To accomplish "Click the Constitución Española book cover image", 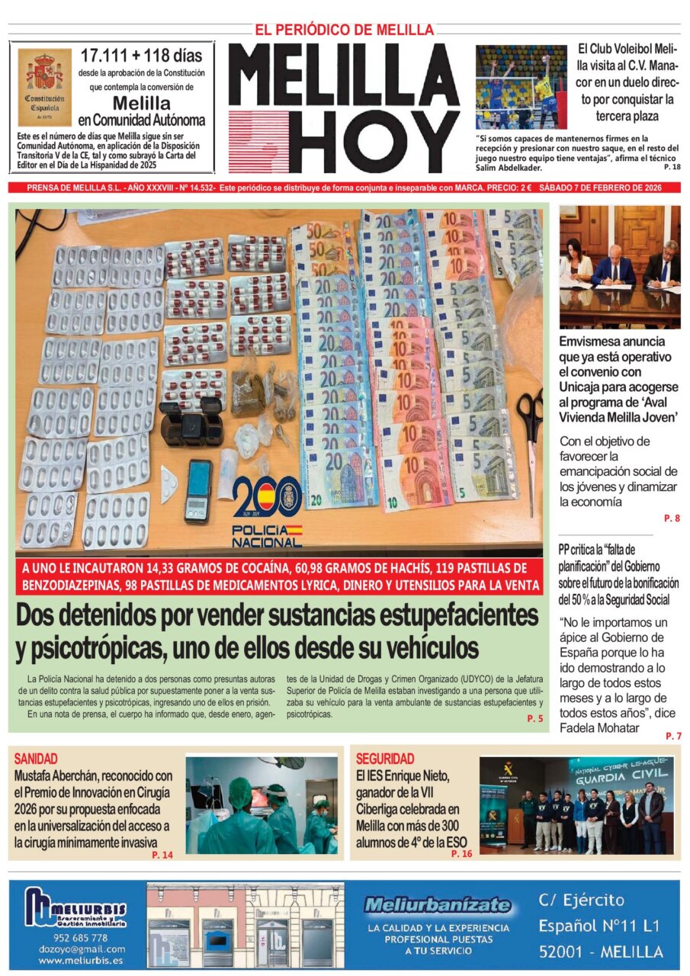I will (44, 87).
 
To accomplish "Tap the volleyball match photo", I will (522, 87).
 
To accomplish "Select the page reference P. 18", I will (672, 167).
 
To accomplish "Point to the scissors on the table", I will (530, 427).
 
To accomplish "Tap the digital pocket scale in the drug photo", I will (198, 490).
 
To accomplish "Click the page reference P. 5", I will (534, 719).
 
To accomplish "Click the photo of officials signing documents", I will (619, 266).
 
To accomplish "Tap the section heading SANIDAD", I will (36, 758).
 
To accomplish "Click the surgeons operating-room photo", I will (262, 804).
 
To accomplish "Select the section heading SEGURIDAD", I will (385, 759).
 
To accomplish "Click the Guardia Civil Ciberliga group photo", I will (576, 804).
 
